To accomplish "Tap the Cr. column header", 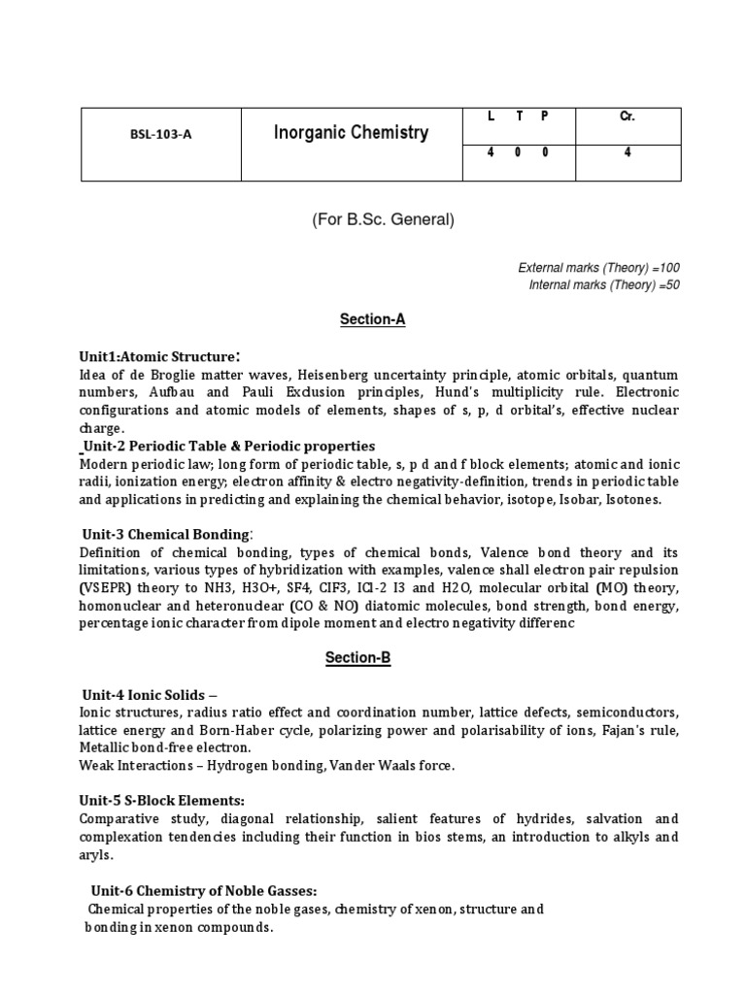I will click(x=627, y=116).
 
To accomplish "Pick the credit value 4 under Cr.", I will click(x=627, y=151).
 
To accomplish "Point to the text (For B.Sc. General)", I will click(x=383, y=219).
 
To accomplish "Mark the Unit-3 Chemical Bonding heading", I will click(x=167, y=533).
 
